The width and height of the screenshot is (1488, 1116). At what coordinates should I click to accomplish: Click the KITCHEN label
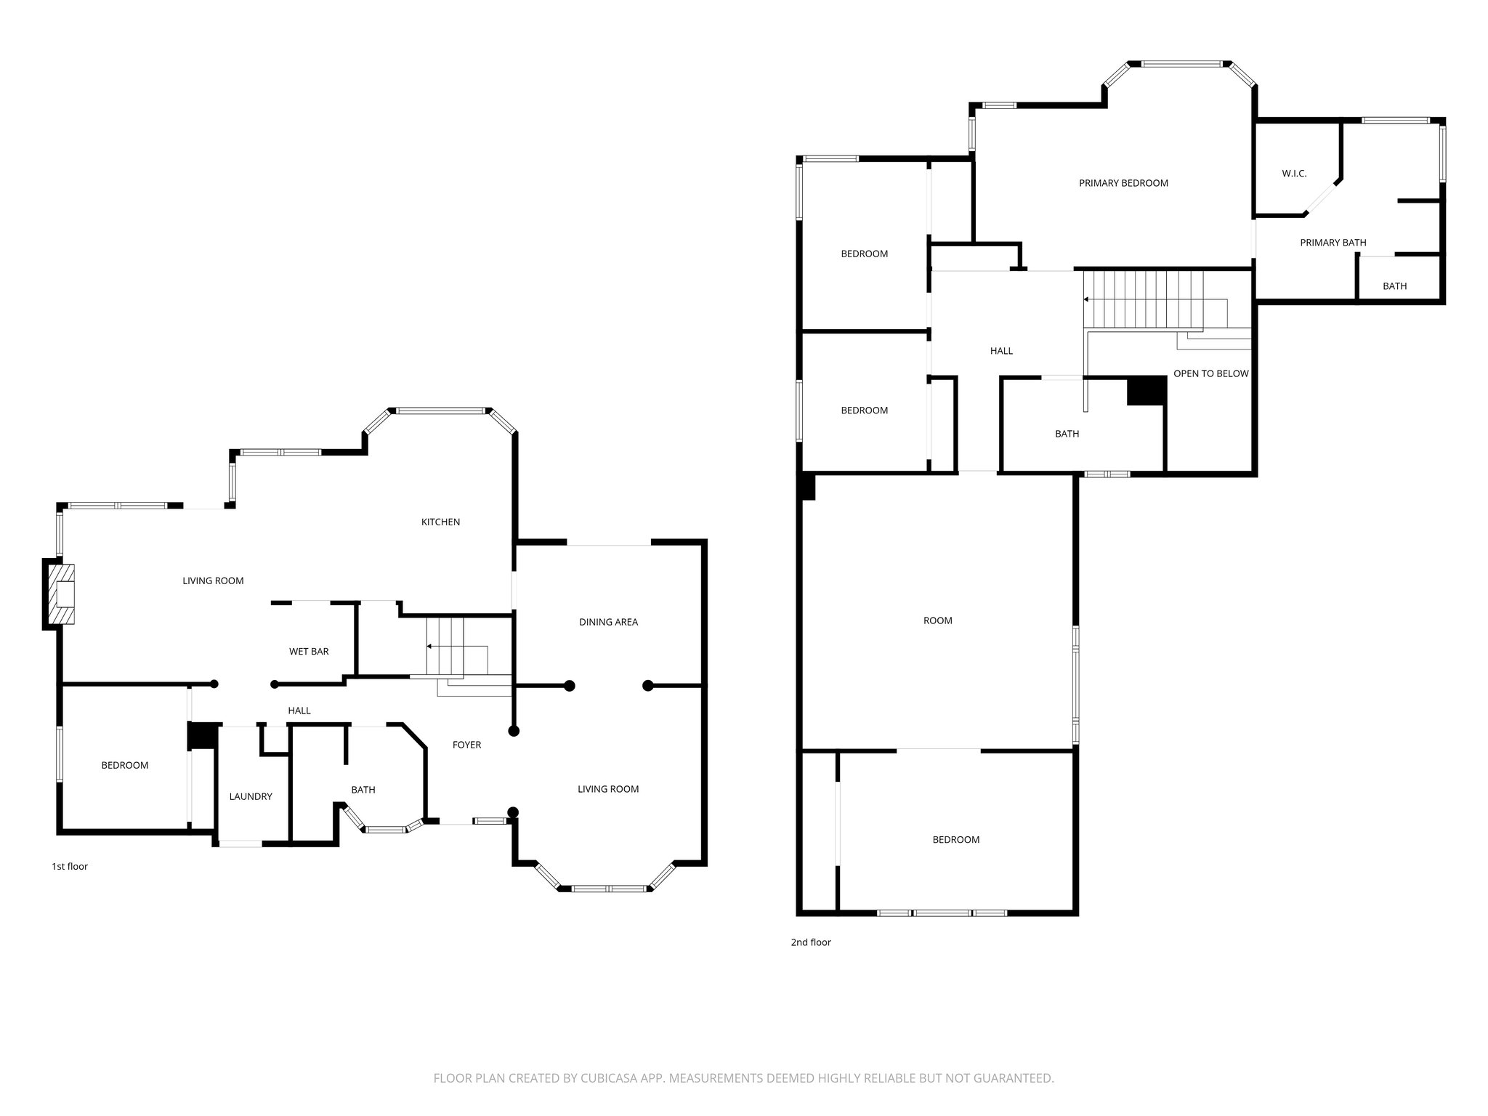coord(440,522)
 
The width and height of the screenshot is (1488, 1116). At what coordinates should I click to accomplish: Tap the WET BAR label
coord(309,651)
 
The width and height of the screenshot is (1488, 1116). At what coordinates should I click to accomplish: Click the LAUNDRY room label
coord(251,796)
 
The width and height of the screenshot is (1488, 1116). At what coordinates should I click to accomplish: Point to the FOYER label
coord(466,745)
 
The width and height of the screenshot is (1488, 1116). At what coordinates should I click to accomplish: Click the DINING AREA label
coord(608,622)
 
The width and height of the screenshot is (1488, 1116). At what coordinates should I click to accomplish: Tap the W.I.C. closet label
coord(1294,174)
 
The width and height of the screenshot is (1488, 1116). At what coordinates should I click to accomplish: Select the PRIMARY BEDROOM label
coord(1123,183)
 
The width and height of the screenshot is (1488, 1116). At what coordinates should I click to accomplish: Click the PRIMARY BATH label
coord(1333,243)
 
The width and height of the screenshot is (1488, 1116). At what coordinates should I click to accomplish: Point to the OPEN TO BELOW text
coord(1210,373)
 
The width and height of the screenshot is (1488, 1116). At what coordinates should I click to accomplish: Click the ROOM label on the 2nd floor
coord(937,620)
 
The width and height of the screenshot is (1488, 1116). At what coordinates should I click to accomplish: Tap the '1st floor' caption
coord(70,866)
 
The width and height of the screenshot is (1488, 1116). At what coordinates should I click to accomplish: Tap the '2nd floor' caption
coord(810,942)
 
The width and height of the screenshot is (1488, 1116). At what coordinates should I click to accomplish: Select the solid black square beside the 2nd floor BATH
coord(1147,391)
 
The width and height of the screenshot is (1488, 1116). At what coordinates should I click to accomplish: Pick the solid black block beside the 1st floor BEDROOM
coord(203,735)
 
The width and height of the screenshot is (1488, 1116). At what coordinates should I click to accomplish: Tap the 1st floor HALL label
coord(299,711)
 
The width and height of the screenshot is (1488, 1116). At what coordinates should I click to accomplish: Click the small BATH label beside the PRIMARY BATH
coord(1394,286)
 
